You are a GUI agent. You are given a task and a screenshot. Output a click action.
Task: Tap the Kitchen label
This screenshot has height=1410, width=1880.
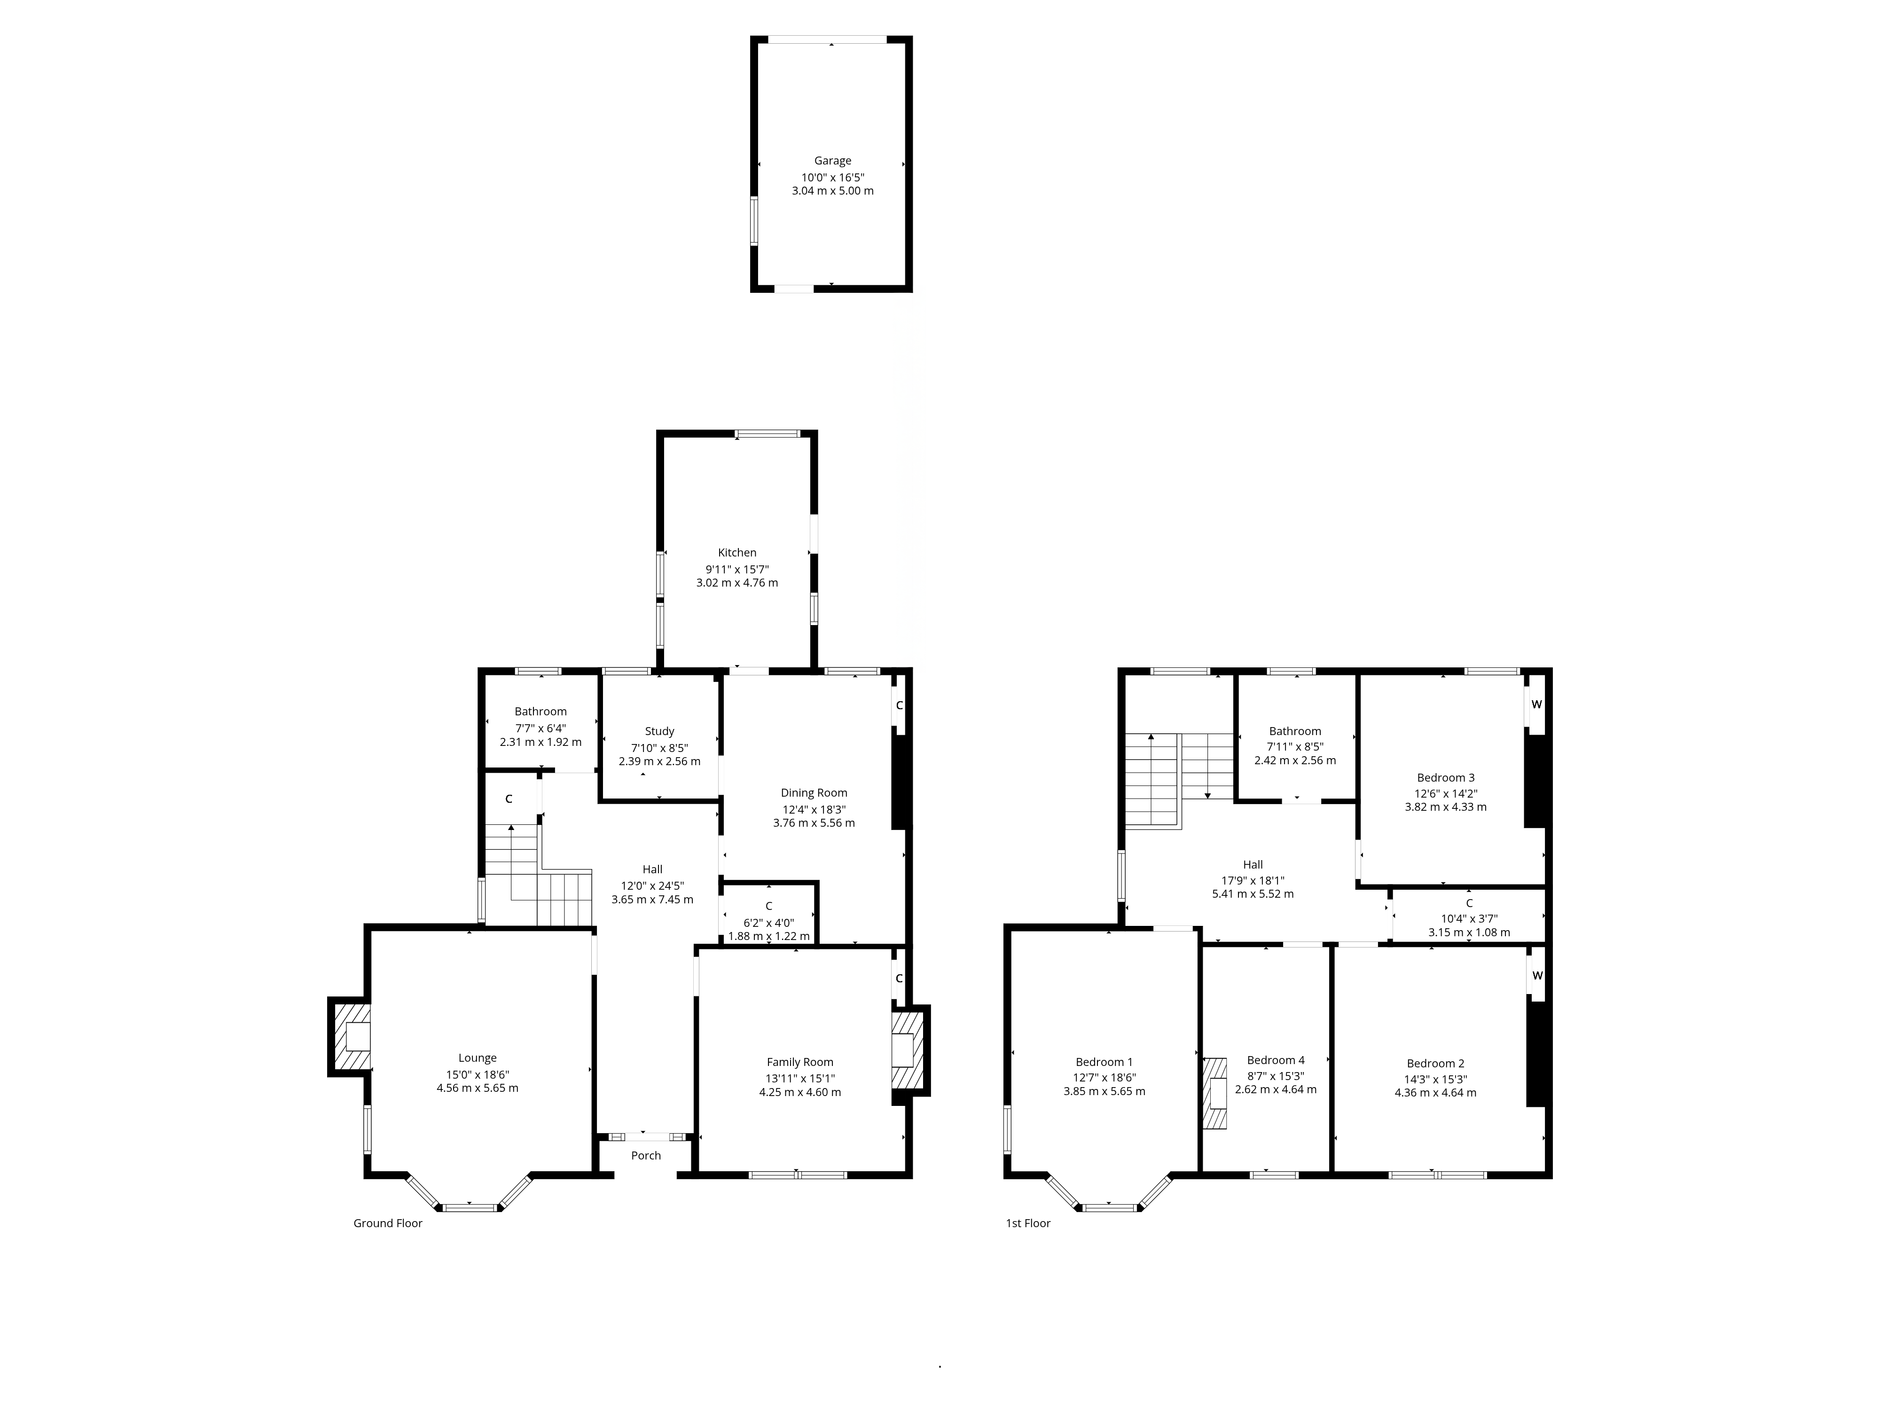(x=737, y=552)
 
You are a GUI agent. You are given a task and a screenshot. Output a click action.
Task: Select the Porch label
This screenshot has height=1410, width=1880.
(x=646, y=1155)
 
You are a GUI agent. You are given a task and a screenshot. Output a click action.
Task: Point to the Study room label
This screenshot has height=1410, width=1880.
(x=659, y=731)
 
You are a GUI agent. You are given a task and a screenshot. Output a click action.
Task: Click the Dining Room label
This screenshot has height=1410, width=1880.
(x=814, y=793)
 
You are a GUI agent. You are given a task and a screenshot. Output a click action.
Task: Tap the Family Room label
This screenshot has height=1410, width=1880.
(x=800, y=1062)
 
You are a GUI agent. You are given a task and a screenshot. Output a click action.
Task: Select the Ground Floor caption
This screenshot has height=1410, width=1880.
(x=388, y=1223)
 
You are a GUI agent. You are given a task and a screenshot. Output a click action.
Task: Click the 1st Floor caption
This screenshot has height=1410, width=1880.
(x=1028, y=1223)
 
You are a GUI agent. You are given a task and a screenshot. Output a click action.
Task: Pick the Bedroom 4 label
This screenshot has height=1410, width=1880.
(x=1276, y=1060)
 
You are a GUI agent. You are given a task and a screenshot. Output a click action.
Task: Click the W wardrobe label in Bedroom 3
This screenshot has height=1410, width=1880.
(x=1536, y=705)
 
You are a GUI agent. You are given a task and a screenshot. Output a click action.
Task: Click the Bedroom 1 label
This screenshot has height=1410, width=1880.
(x=1104, y=1062)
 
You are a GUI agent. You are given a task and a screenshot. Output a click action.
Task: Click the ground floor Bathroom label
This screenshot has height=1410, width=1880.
(x=540, y=712)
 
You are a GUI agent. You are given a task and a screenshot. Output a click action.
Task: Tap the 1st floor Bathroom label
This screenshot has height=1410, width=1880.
(x=1295, y=731)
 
